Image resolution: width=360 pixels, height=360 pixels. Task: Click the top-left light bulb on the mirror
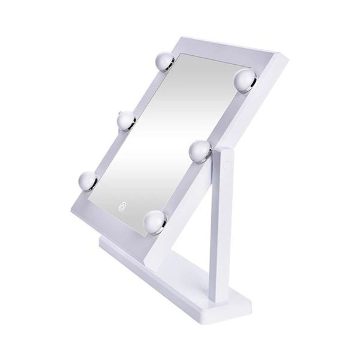[x=164, y=61]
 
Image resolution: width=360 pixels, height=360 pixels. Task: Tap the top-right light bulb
[x=245, y=80]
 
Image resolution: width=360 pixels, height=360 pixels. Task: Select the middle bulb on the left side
[x=127, y=121]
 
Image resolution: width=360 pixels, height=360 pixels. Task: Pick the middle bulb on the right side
[x=200, y=151]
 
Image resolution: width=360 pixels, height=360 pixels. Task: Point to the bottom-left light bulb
[x=88, y=181]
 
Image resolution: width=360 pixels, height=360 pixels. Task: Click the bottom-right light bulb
[x=155, y=222]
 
